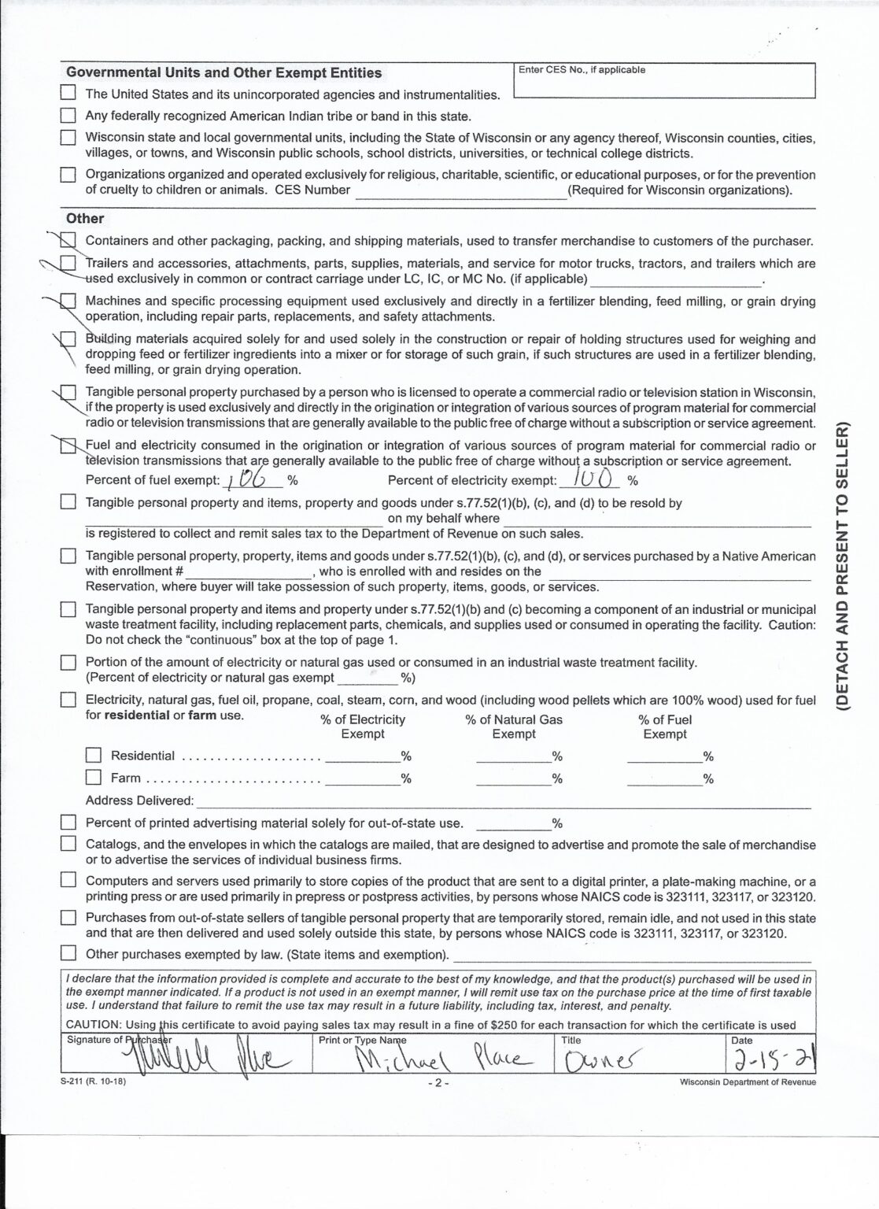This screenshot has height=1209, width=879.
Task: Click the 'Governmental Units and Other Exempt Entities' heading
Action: point(223,73)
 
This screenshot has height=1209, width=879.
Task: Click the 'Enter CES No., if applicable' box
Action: point(663,80)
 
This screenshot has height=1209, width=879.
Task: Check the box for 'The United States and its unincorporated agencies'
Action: point(69,93)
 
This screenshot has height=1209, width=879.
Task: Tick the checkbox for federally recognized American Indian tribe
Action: point(69,116)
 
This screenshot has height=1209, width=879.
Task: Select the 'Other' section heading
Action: point(85,218)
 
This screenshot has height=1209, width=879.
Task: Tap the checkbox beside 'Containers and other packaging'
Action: point(69,240)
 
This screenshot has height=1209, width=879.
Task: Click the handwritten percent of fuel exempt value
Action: point(246,479)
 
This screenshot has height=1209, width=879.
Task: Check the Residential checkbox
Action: point(94,755)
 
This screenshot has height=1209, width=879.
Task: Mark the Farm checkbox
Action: point(94,777)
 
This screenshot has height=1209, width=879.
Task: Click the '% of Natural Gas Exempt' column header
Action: point(514,727)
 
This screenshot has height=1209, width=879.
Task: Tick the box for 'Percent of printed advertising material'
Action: point(69,823)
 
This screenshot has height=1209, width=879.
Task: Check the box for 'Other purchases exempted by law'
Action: point(69,954)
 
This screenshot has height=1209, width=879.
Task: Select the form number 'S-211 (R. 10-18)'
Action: point(92,1081)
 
